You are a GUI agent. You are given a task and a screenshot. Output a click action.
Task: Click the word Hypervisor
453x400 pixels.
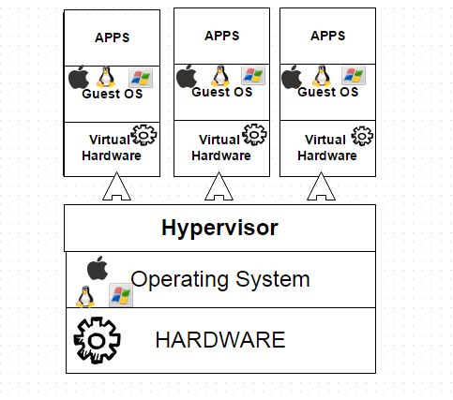(219, 228)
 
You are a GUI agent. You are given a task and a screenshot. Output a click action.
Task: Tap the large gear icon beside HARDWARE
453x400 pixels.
(97, 338)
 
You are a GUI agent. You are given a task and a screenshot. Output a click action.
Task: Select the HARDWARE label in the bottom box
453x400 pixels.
(219, 339)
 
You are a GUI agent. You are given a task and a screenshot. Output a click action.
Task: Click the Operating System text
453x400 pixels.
(219, 278)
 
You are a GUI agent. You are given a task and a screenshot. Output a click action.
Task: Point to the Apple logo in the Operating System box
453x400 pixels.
(97, 268)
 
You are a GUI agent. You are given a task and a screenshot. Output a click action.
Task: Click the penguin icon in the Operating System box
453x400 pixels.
(85, 296)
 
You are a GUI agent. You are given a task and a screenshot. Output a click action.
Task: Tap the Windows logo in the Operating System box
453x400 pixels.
(120, 295)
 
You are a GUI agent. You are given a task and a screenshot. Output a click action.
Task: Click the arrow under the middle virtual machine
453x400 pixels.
(219, 187)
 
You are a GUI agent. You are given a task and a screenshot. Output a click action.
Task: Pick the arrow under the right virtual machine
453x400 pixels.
(322, 187)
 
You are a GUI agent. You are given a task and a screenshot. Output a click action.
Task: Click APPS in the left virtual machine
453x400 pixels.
(113, 37)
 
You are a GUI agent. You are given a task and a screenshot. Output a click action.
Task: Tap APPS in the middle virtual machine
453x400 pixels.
(221, 36)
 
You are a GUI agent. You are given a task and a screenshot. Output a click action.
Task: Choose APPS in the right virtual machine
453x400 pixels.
(327, 36)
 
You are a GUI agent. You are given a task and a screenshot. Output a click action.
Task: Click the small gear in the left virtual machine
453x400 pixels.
(144, 135)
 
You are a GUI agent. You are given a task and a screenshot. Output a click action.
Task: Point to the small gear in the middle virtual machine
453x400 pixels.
(253, 134)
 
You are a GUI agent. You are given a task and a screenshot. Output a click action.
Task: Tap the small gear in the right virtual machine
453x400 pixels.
(359, 134)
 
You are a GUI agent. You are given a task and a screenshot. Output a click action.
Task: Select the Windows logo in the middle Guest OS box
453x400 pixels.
(251, 75)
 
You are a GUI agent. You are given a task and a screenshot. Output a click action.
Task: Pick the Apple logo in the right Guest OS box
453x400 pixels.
(293, 75)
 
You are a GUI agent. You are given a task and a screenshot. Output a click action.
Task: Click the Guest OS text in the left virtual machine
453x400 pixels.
(113, 94)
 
